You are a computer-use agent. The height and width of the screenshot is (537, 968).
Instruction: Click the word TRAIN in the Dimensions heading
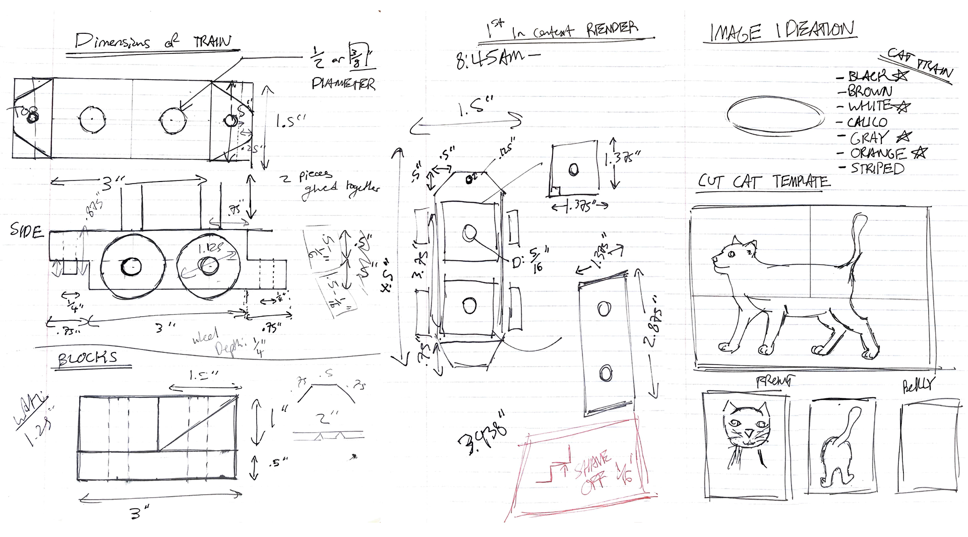click(x=213, y=42)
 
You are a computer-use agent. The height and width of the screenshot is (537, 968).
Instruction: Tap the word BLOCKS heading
click(x=87, y=358)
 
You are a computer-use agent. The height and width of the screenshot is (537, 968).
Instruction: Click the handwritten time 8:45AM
click(x=490, y=59)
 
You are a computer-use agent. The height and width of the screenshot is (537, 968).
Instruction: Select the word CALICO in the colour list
click(x=867, y=122)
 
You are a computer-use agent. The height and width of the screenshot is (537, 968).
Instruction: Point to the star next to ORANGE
click(x=920, y=152)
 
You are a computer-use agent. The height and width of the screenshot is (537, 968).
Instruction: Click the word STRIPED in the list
click(x=877, y=168)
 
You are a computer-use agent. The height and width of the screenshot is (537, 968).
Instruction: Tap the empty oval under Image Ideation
click(x=774, y=115)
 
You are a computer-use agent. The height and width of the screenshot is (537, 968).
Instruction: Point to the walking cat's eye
click(x=731, y=254)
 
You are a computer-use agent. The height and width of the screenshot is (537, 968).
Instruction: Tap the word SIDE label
click(x=26, y=231)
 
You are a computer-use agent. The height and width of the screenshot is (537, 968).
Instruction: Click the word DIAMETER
click(x=343, y=84)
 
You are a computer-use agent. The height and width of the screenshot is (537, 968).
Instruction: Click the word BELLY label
click(x=918, y=386)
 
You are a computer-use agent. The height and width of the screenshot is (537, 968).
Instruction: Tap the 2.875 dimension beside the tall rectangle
click(x=653, y=328)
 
